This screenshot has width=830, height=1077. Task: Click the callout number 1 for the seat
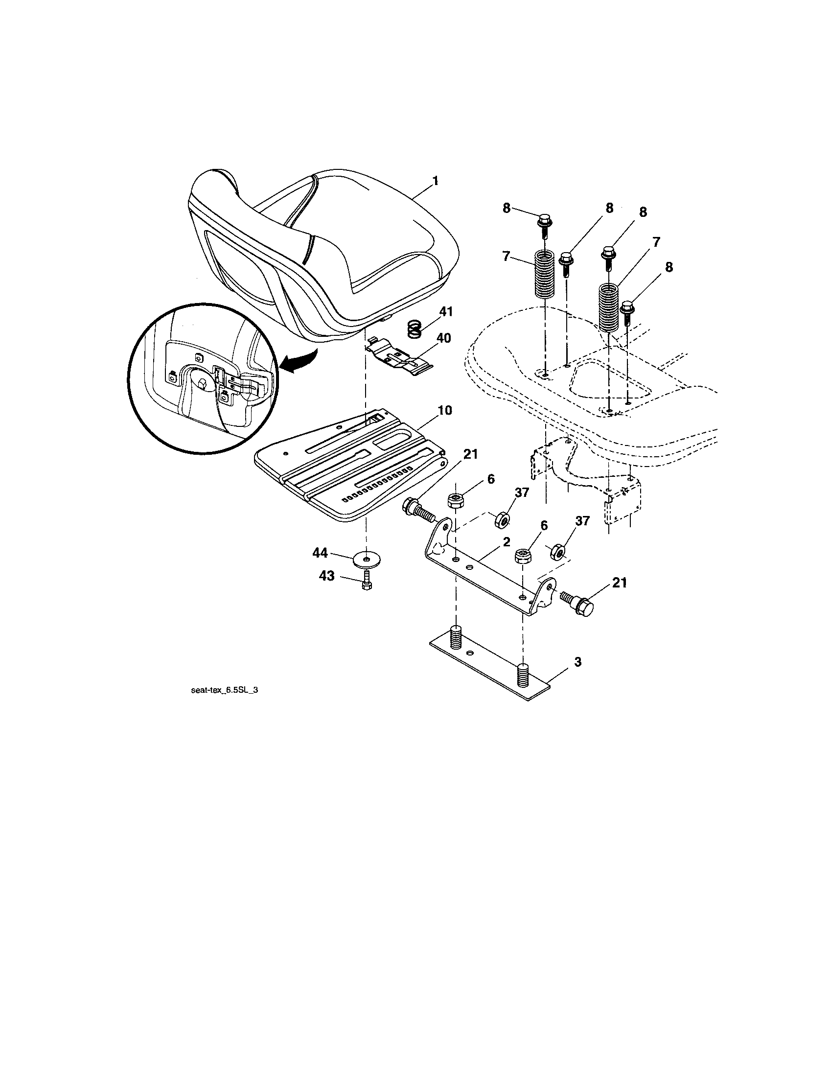click(x=435, y=182)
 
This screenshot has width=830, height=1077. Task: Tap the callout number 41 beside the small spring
click(x=445, y=312)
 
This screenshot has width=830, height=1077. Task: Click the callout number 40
click(x=443, y=338)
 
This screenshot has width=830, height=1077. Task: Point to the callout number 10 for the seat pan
click(x=444, y=410)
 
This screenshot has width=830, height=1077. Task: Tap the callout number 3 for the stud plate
click(x=577, y=662)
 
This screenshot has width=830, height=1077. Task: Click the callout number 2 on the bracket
click(x=506, y=542)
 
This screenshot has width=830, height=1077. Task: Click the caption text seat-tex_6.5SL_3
click(x=224, y=691)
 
